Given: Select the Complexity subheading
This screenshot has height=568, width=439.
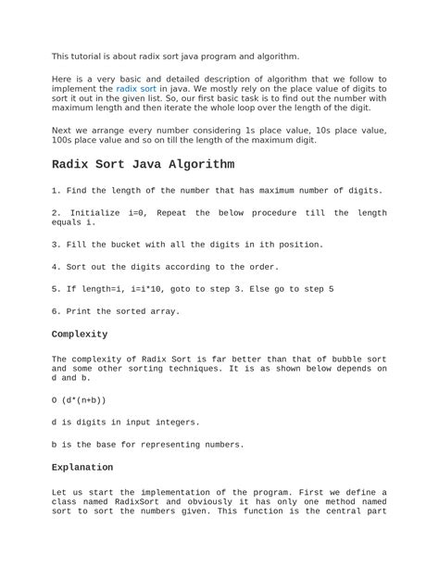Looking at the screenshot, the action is pos(80,334).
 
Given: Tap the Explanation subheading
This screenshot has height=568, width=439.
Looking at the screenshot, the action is pos(82,468).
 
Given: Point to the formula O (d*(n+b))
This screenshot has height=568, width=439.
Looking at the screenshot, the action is pos(79,400).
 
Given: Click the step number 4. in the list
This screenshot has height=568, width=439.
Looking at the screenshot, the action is pos(56,267).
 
